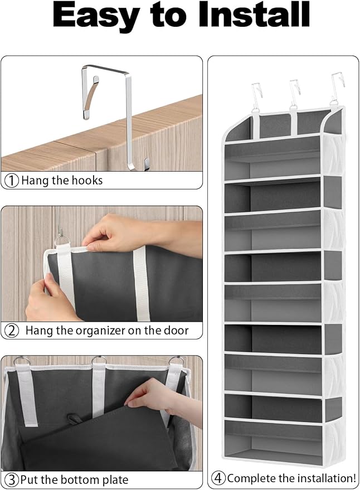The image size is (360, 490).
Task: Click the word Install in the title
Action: (254, 14)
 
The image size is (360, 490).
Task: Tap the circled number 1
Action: (12, 181)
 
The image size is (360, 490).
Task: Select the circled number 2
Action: (12, 331)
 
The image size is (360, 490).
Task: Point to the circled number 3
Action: (12, 480)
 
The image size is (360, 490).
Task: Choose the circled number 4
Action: (218, 478)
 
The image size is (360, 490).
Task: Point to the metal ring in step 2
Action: (62, 241)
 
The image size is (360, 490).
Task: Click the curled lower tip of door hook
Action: (146, 164)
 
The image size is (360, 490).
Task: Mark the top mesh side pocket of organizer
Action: (333, 154)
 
